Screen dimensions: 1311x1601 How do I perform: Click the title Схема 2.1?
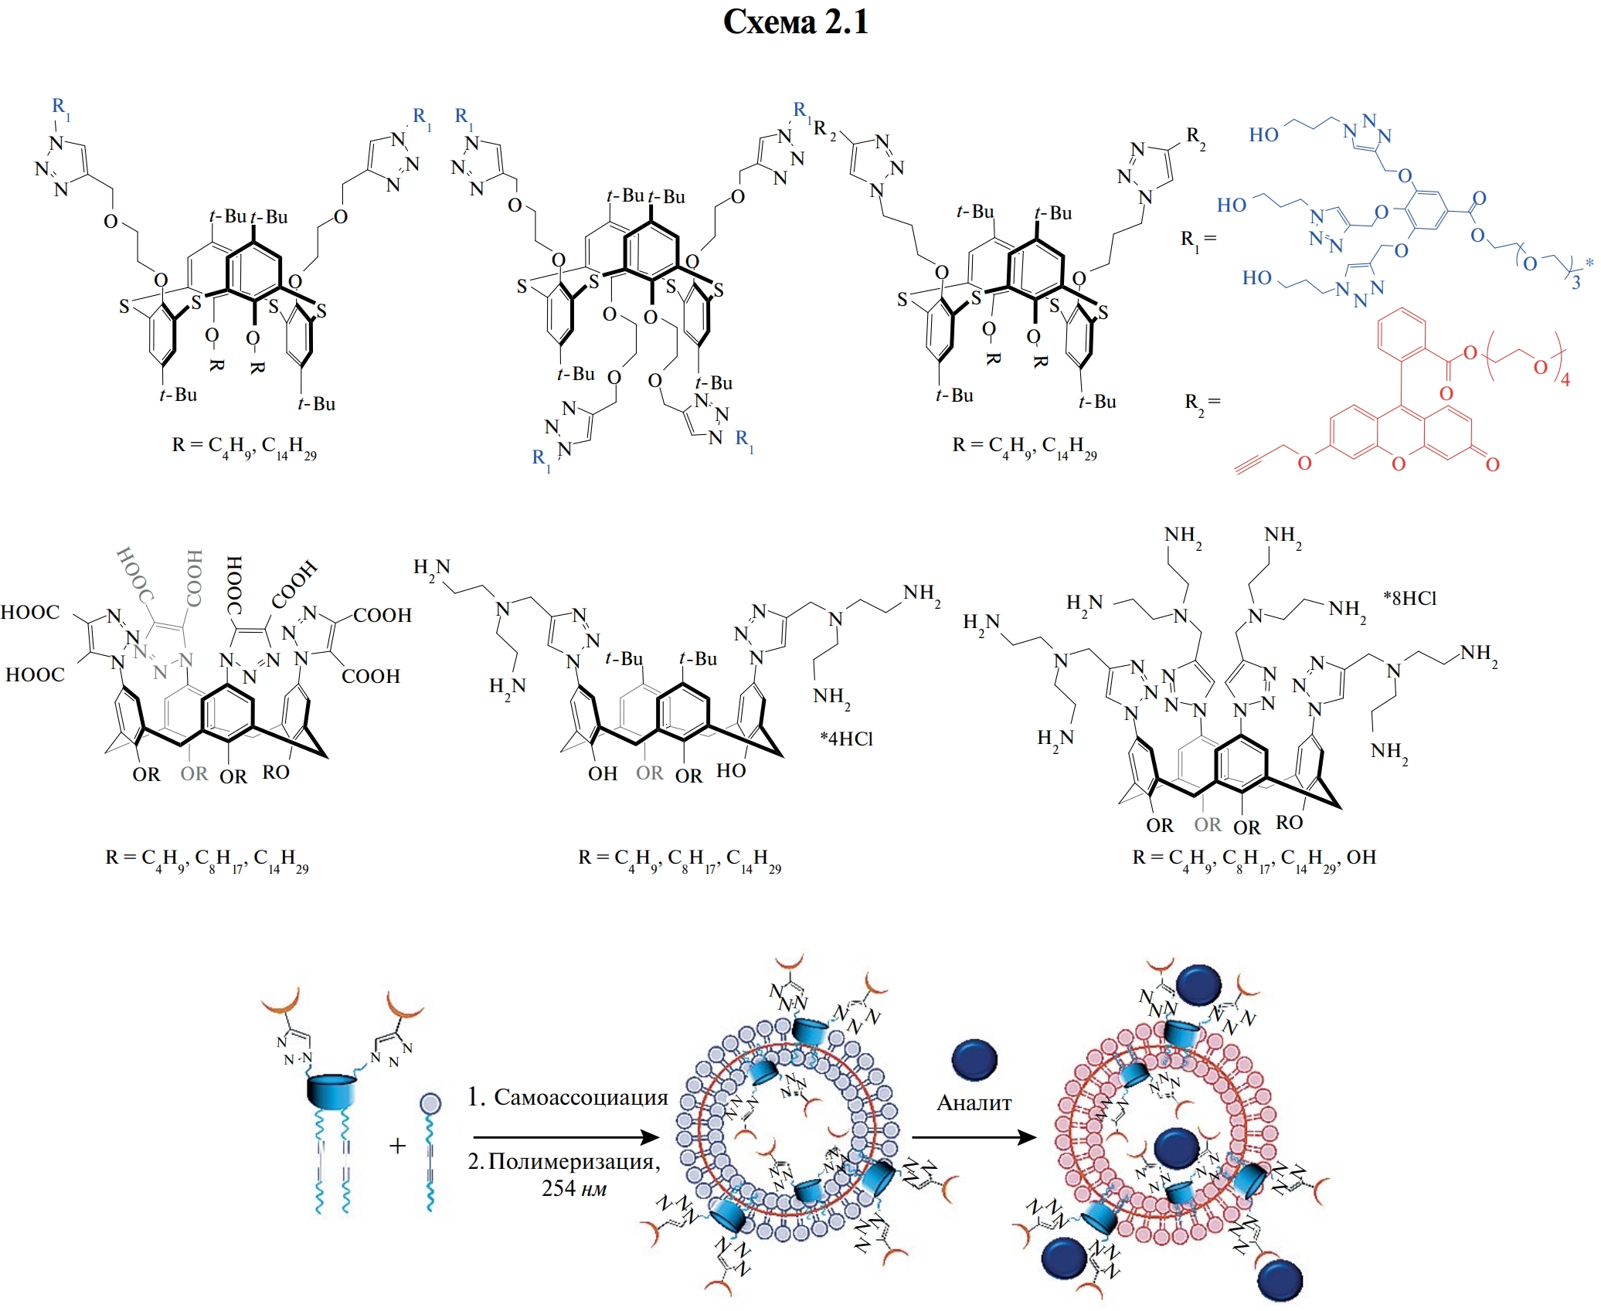point(795,22)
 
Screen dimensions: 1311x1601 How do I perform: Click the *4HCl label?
point(846,739)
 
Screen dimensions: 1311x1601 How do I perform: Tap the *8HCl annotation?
point(1409,598)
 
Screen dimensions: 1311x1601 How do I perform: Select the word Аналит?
point(974,1102)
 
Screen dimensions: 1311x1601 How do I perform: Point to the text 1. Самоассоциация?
point(567,1097)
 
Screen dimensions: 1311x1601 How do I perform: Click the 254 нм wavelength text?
point(573,1187)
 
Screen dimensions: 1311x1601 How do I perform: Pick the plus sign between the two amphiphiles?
point(397,1146)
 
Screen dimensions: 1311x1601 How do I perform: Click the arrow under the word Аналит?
point(974,1137)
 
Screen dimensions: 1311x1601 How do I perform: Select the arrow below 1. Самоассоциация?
point(566,1137)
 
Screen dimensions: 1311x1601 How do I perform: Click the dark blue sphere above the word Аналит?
point(974,1059)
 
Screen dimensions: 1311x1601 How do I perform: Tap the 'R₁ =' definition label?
point(1198,239)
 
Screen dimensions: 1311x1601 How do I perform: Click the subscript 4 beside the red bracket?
point(1565,380)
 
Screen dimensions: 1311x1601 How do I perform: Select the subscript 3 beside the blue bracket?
point(1576,283)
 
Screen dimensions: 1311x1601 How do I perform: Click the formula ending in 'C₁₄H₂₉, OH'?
point(1254,858)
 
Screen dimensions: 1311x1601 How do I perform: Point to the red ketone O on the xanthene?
point(1492,464)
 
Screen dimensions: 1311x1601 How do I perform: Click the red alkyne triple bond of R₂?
point(1252,461)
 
